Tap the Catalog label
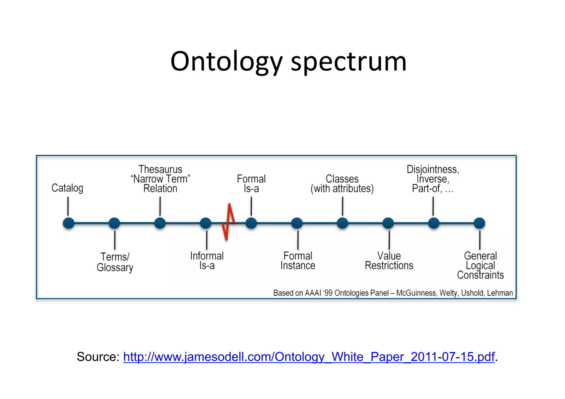pos(67,188)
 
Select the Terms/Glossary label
pos(115,262)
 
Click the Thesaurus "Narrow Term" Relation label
pos(160,179)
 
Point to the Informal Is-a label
pos(207,261)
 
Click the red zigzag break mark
pos(228,222)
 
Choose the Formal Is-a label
pos(251,184)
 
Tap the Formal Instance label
pos(298,261)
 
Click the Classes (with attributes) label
pos(342,184)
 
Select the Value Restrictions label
pos(389,261)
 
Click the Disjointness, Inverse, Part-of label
pos(433,179)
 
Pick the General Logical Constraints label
pos(480,265)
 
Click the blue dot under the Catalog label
pos(69,223)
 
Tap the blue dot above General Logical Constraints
pos(479,223)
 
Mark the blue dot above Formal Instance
pos(297,223)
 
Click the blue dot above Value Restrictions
pos(388,223)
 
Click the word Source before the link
pos(98,357)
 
